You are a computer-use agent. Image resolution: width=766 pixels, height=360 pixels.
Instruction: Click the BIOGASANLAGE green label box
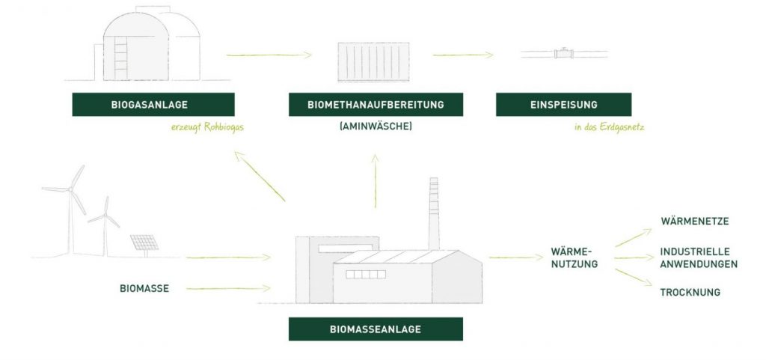153,105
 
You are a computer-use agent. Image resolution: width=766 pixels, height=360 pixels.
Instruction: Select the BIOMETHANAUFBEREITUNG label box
376,105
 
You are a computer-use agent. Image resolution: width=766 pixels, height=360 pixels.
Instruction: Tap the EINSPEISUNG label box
563,105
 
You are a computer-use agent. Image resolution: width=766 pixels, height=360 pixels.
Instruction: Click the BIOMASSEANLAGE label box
376,329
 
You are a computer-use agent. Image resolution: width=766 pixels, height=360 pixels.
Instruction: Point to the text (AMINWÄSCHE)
376,127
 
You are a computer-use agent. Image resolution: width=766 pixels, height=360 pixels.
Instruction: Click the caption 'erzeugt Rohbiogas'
207,127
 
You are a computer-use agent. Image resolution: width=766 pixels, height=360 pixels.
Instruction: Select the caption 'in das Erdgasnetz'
609,127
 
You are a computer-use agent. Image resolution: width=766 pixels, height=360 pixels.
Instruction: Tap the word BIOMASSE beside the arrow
144,288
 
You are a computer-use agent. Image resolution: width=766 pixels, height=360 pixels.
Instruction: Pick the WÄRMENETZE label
694,222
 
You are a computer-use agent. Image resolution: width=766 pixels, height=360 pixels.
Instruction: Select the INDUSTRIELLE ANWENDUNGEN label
699,257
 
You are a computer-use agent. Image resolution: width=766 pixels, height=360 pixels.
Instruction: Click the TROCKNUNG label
690,293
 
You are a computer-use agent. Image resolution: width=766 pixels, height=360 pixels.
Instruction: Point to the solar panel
144,243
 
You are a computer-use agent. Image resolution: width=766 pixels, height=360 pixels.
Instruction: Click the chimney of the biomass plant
433,213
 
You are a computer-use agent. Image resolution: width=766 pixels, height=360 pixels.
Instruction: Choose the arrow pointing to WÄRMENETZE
633,237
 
